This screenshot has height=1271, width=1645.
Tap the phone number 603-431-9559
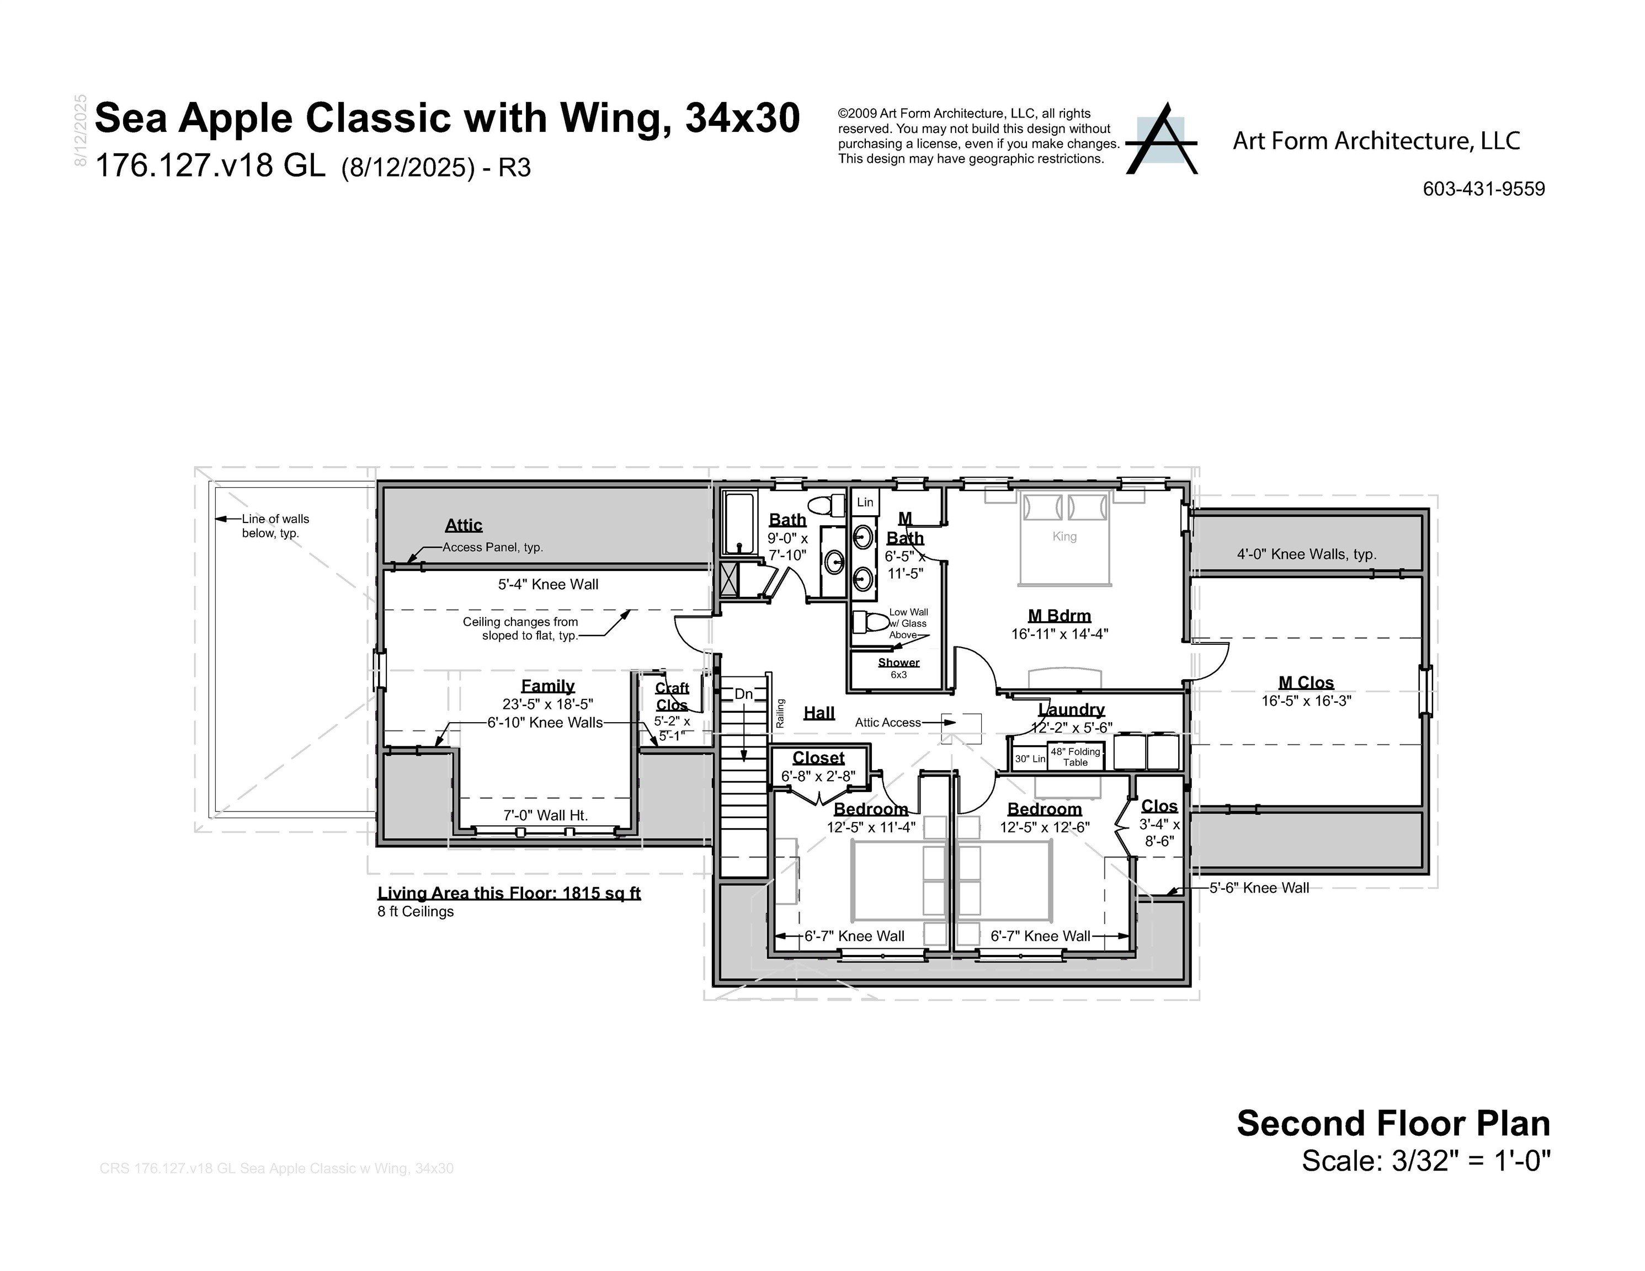(x=1483, y=189)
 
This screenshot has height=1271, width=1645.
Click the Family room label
(x=547, y=686)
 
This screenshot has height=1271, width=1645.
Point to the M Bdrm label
(x=1059, y=616)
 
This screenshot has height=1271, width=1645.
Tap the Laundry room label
(x=1071, y=709)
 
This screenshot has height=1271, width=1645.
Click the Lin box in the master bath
(x=865, y=502)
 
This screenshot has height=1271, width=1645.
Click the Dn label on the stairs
(x=743, y=694)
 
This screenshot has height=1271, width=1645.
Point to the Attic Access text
(x=887, y=723)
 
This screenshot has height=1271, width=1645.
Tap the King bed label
(x=1064, y=537)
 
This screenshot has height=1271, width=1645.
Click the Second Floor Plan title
(x=1393, y=1123)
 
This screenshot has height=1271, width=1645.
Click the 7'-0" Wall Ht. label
(x=545, y=815)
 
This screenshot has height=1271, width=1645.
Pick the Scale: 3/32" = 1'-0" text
(x=1426, y=1161)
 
